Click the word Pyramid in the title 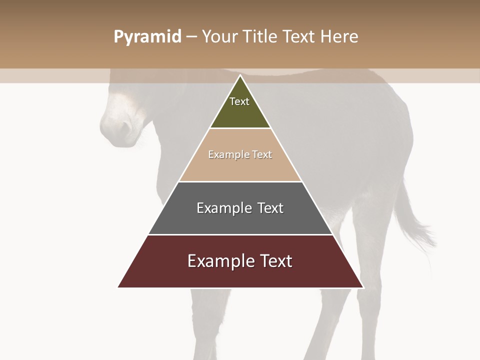147,37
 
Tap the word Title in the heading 260,36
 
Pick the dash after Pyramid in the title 191,37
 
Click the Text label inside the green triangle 239,101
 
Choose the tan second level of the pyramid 240,167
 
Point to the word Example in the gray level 224,208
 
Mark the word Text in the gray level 270,208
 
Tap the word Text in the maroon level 276,261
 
